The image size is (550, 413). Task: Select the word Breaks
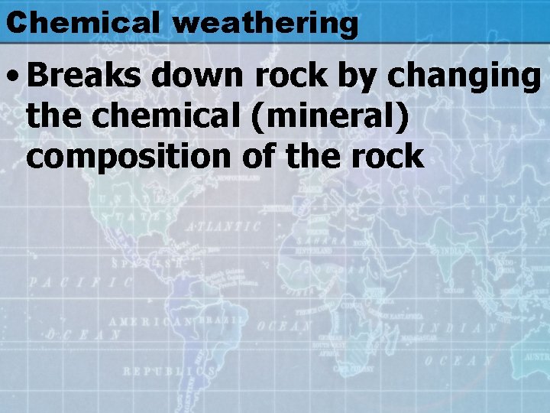pos(85,76)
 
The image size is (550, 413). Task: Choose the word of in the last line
pos(262,156)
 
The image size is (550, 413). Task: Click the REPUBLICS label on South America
pos(169,370)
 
